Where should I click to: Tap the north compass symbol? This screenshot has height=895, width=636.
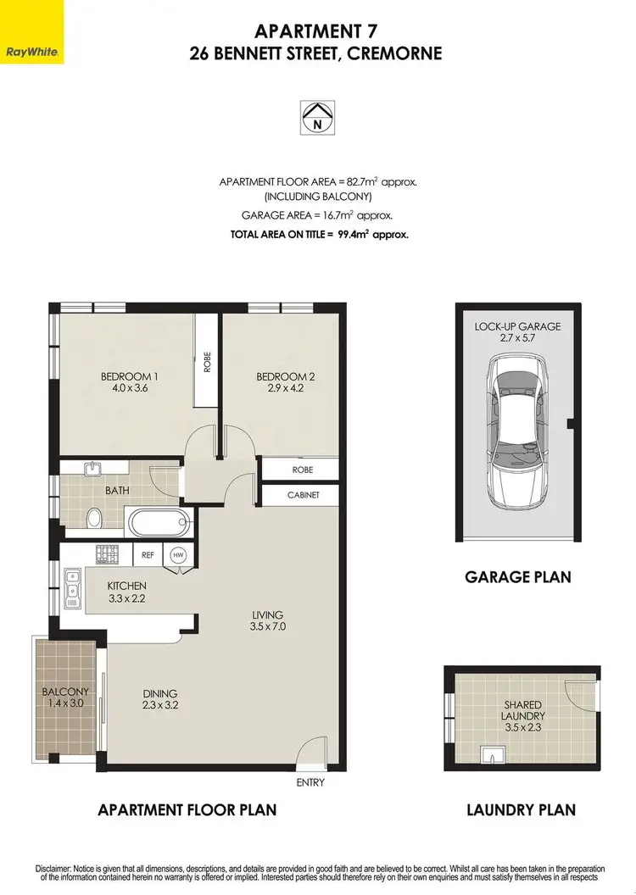pos(318,116)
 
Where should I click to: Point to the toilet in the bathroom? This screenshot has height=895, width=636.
pos(96,517)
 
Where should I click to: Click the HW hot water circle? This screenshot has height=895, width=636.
pos(178,555)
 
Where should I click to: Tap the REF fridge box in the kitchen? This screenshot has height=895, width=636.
pos(147,555)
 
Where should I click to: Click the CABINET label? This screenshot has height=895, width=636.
pos(302,495)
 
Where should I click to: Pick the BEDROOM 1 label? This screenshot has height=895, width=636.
pos(130,376)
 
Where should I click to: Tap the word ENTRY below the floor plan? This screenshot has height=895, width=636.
pos(309,783)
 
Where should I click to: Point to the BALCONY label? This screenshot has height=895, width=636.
pos(65,692)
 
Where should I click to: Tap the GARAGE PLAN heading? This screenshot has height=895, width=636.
pos(517,577)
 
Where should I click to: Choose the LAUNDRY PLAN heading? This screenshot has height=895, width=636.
pos(521,809)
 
